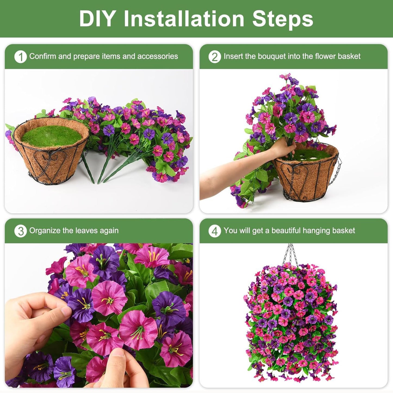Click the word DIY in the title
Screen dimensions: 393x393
tap(97, 19)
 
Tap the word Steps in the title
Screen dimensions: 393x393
tap(283, 19)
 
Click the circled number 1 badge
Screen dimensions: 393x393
tap(20, 57)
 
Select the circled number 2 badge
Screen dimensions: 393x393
tap(215, 57)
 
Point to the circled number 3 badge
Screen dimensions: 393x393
tap(20, 231)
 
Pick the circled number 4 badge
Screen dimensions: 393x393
tap(215, 231)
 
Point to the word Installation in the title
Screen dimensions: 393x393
tap(184, 19)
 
